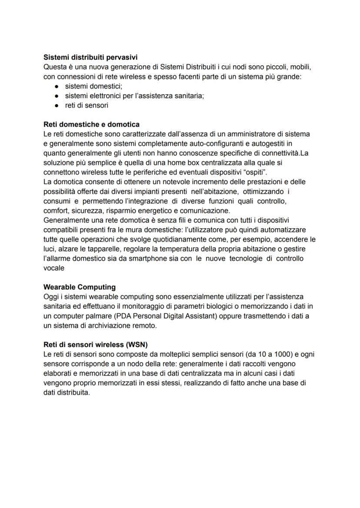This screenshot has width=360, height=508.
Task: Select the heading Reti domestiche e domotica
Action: (x=92, y=125)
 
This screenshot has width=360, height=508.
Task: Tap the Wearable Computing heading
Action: (x=80, y=287)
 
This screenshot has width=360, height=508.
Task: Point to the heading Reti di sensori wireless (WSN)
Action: (x=96, y=345)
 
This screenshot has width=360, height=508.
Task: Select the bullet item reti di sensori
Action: (x=87, y=105)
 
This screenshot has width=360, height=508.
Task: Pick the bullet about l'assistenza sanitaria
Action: (x=134, y=96)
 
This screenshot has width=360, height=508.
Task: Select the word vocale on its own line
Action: (x=54, y=268)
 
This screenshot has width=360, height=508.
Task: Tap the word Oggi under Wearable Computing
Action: (x=51, y=297)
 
